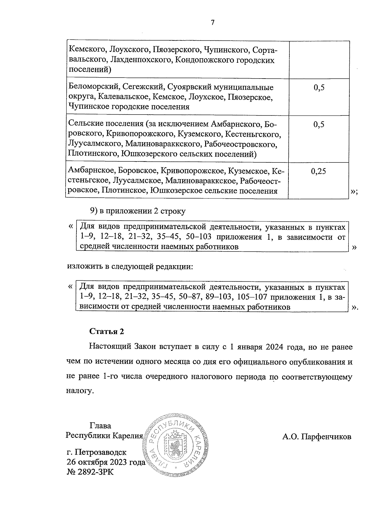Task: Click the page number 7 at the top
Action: pyautogui.click(x=213, y=23)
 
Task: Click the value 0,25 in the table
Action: pyautogui.click(x=318, y=171)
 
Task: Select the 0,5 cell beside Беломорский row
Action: pyautogui.click(x=319, y=88)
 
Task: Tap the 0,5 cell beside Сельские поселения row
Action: pyautogui.click(x=319, y=125)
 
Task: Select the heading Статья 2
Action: pyautogui.click(x=107, y=331)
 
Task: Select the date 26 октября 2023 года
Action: pyautogui.click(x=106, y=462)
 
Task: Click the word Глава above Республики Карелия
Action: pyautogui.click(x=100, y=426)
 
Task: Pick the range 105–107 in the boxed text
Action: pyautogui.click(x=252, y=297)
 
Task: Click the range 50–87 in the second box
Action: pyautogui.click(x=189, y=297)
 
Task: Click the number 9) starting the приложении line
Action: pyautogui.click(x=94, y=211)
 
